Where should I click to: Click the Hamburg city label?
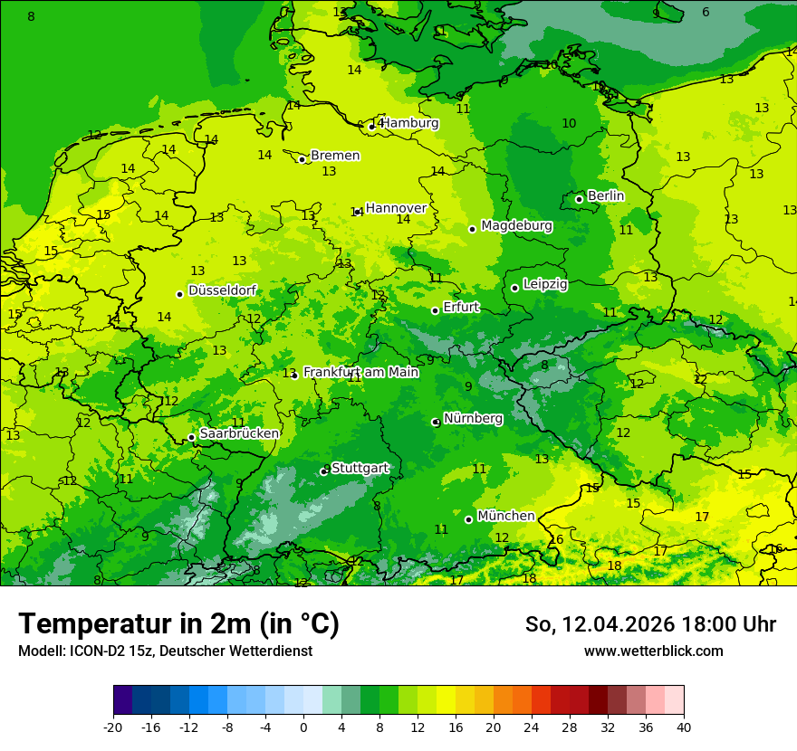coord(409,123)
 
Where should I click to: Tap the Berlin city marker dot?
coord(580,199)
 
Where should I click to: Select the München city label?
coord(505,516)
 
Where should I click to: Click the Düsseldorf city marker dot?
coord(180,294)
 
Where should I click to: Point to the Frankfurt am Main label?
coord(360,372)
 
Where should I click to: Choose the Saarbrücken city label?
coord(239,433)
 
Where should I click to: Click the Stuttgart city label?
coord(360,468)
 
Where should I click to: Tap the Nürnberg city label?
coord(473,418)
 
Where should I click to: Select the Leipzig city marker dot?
coord(515,288)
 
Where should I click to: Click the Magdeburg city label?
coord(516,225)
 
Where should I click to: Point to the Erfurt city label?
coord(461,307)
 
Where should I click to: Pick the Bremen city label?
coord(335,156)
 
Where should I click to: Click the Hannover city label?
coord(396,208)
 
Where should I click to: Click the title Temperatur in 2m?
coord(178,623)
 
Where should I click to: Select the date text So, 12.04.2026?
coord(600,624)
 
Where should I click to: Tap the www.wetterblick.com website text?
coord(653,651)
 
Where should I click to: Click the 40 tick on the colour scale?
coord(683,727)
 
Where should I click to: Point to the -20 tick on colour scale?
coord(113,727)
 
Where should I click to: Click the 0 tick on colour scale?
coord(303,727)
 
